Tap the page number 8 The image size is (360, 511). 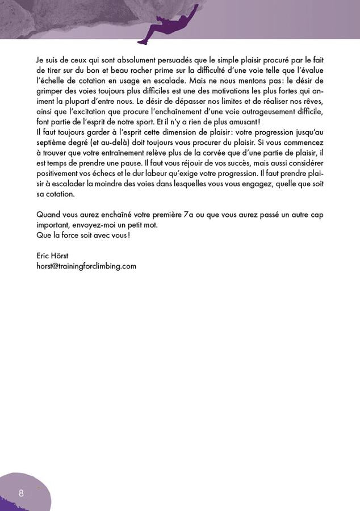click(21, 492)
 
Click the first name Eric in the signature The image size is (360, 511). click(43, 256)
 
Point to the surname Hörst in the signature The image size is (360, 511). click(60, 256)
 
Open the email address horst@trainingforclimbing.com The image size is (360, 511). click(86, 266)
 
